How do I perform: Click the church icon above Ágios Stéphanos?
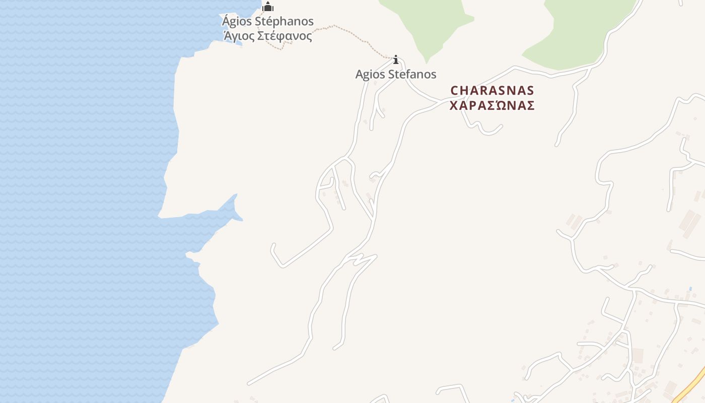[x=267, y=7]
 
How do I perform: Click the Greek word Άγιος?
[x=239, y=36]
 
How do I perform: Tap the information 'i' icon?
[x=396, y=60]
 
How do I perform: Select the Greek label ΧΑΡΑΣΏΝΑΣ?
[x=492, y=106]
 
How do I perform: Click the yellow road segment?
[x=690, y=388]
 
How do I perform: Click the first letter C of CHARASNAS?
[x=454, y=91]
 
